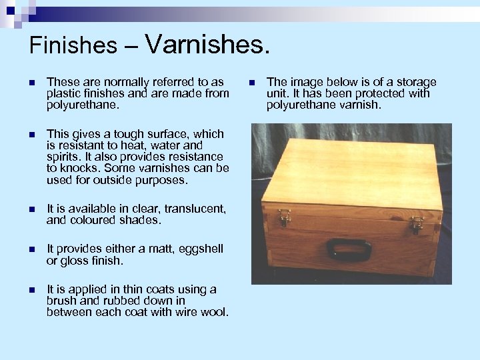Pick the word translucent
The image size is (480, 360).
coord(193,208)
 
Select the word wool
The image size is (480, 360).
coord(215,312)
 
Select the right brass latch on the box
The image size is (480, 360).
coord(417,223)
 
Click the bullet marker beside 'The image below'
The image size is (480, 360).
coord(251,83)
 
